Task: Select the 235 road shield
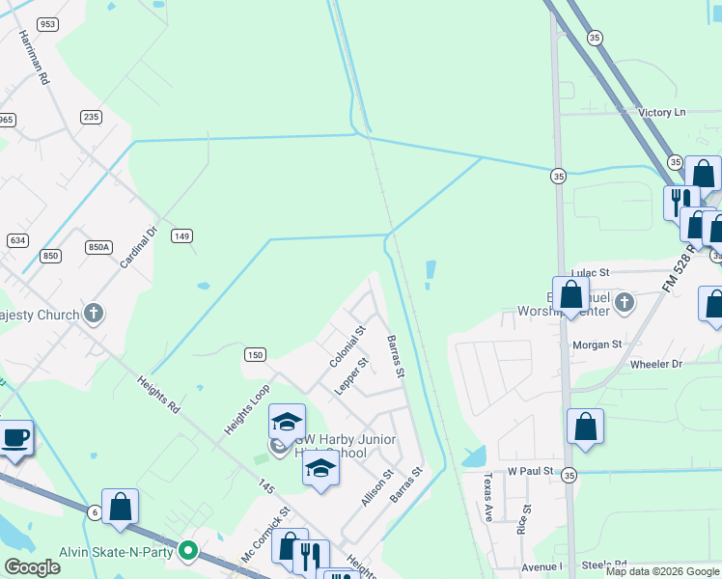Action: pos(91,117)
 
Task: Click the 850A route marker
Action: pos(98,247)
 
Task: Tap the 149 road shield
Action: pos(181,235)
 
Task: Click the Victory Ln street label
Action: pos(661,113)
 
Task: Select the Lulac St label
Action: pos(591,273)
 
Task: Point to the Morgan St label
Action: pos(597,345)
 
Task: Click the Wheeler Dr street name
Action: pos(655,364)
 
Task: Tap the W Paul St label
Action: pos(530,471)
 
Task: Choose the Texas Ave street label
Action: pos(487,496)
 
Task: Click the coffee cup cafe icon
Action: pos(14,437)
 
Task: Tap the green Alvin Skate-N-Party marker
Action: pos(188,551)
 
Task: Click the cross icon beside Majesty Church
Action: pos(93,314)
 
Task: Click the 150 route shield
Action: pos(254,355)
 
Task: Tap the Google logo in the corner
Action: pos(32,567)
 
